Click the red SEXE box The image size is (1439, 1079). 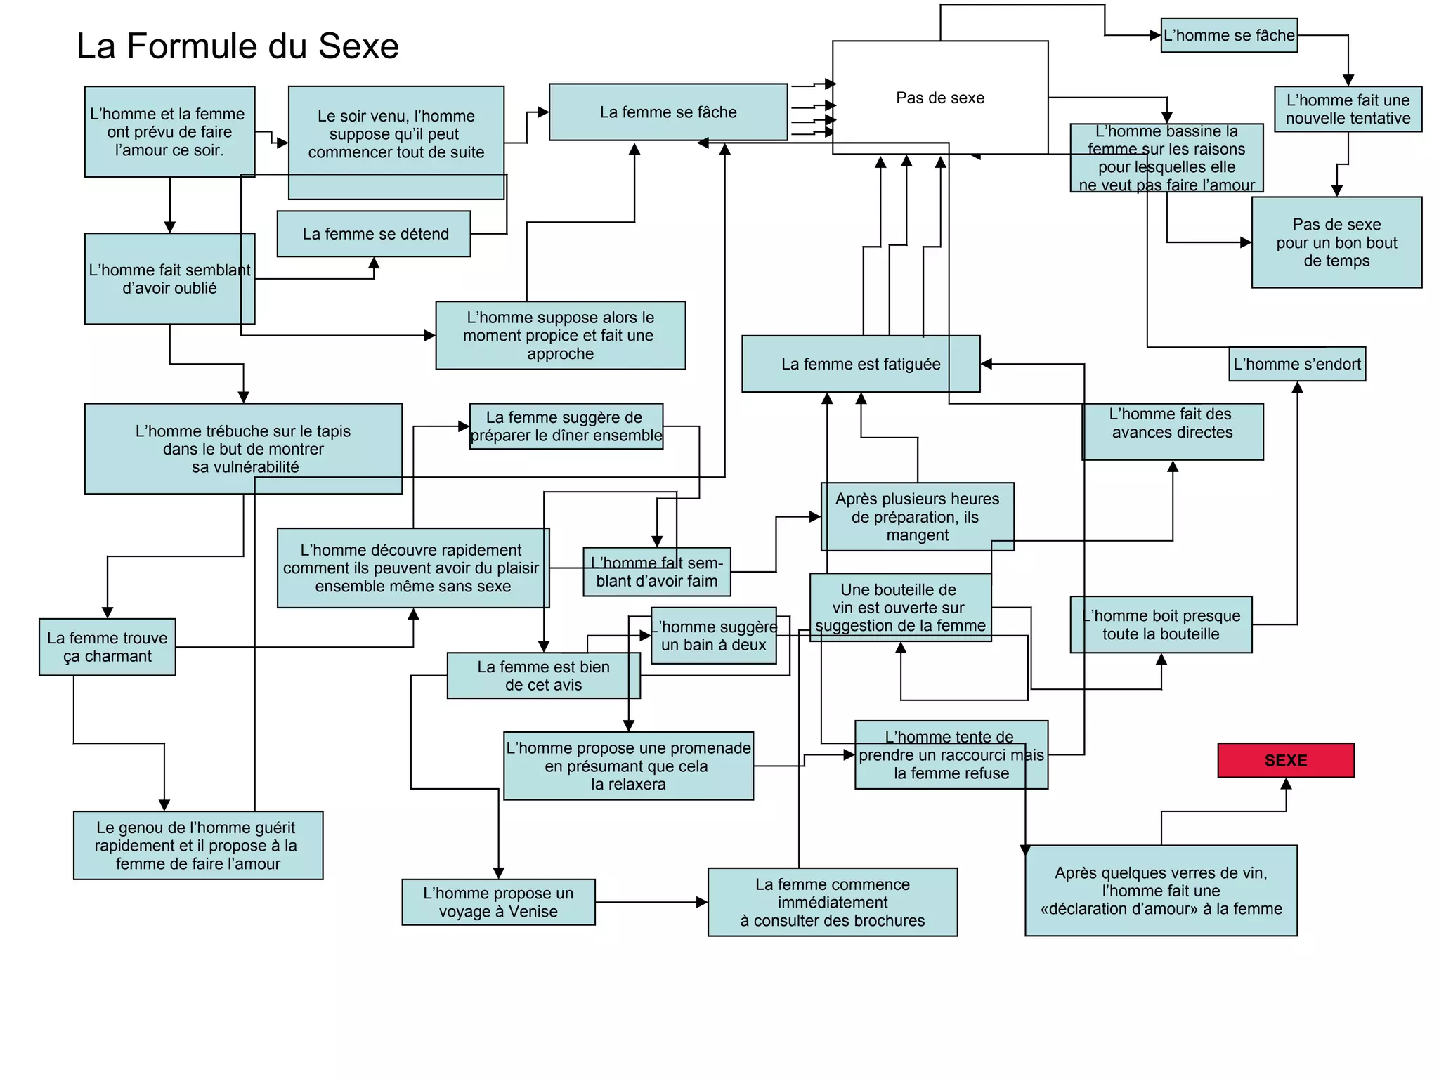point(1285,760)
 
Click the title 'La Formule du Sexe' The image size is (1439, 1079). point(237,46)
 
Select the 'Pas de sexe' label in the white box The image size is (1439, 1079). point(939,98)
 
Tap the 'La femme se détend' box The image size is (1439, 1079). point(374,234)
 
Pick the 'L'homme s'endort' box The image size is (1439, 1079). point(1296,364)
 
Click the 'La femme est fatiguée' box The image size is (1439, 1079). point(860,364)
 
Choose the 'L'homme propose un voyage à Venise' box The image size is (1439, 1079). point(498,902)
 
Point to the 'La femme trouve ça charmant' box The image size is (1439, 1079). point(108,647)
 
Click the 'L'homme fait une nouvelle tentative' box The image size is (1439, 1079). point(1348,109)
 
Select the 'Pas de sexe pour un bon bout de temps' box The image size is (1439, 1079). point(1336,242)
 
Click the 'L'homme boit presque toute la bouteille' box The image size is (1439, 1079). point(1161,624)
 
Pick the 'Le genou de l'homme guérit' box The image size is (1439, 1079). point(198,845)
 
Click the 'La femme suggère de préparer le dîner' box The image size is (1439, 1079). point(566,426)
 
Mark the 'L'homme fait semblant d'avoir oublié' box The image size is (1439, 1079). point(169,279)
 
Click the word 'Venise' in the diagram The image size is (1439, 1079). point(533,912)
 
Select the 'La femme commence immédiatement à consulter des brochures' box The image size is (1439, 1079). point(832,902)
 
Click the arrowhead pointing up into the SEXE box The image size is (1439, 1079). point(1286,784)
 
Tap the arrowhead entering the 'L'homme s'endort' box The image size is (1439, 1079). point(1297,387)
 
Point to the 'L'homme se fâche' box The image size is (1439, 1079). point(1228,35)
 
